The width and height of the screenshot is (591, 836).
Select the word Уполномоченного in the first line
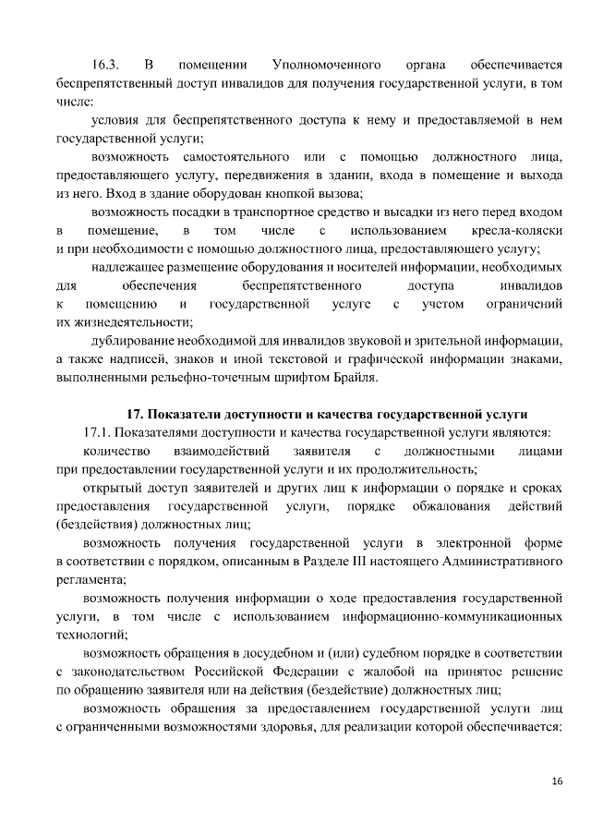(328, 66)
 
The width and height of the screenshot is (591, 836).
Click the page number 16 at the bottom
(556, 781)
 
